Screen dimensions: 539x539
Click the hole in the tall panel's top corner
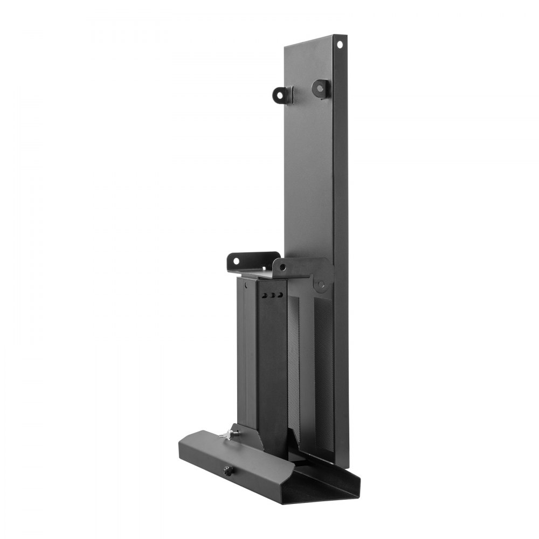click(340, 44)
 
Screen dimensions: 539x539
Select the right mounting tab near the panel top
click(321, 88)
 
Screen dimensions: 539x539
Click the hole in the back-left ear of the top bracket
click(236, 260)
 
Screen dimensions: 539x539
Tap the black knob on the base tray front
click(227, 471)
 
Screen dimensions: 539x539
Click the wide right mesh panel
click(323, 372)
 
